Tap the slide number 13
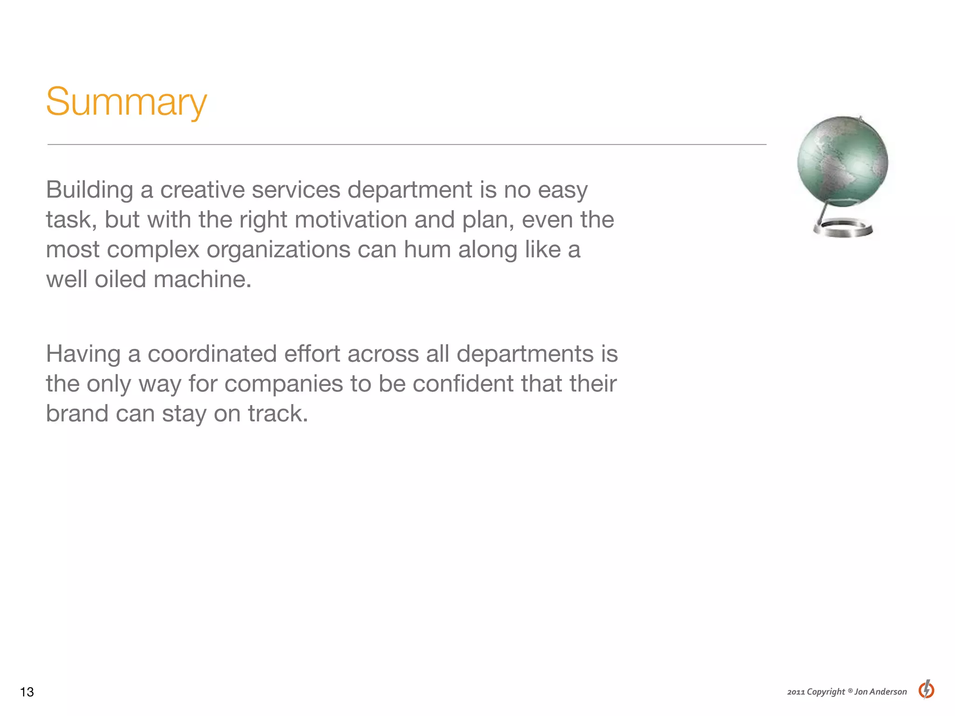coord(27,692)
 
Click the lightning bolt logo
coord(926,689)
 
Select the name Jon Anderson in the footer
coord(880,692)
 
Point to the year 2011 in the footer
coord(796,692)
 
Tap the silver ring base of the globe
coord(843,229)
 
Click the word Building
coord(90,190)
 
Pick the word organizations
coord(278,250)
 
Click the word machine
coord(202,279)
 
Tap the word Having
coord(83,354)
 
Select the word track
coord(277,413)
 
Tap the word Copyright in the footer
coord(825,692)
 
